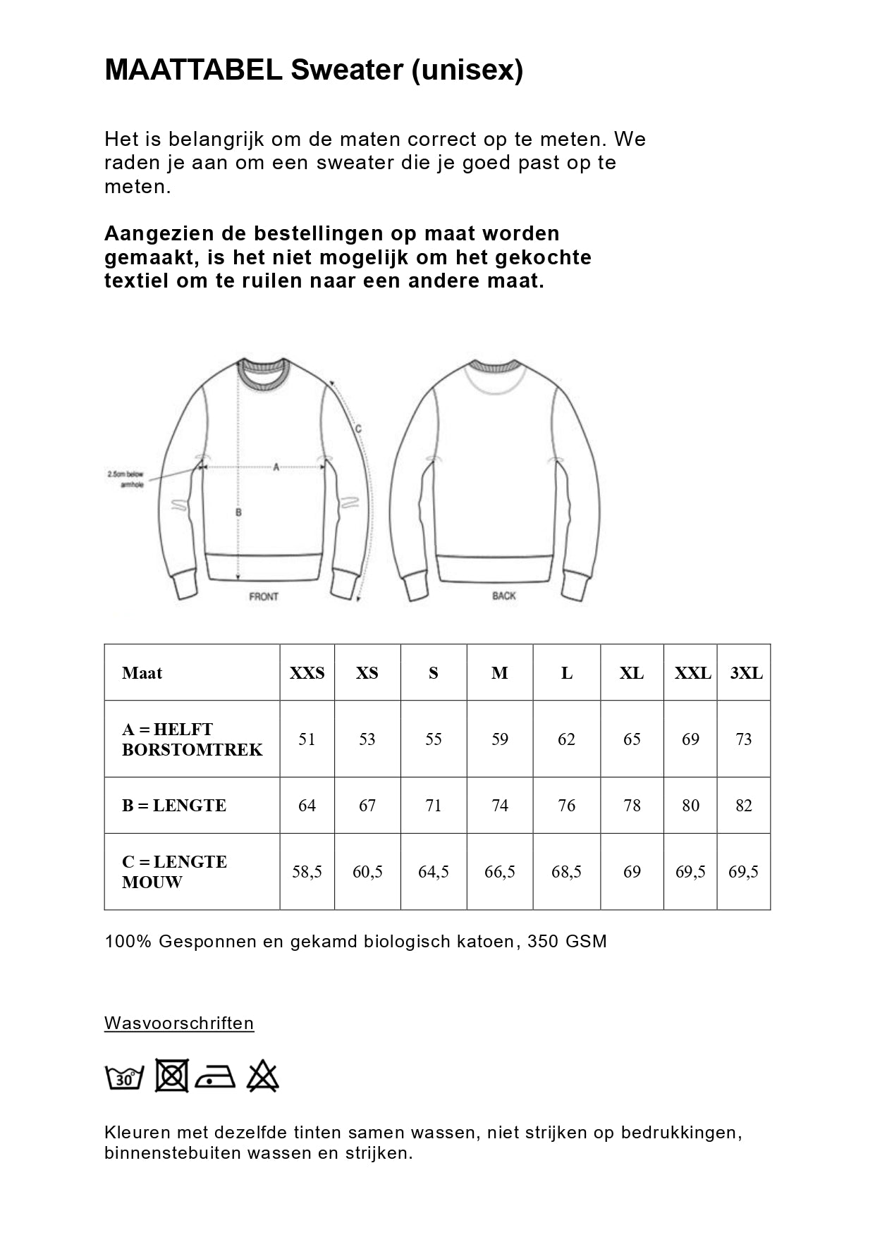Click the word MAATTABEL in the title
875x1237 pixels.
coord(193,70)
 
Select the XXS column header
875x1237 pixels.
coord(307,673)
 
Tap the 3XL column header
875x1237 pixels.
coord(746,673)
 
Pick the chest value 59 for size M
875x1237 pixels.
coord(499,739)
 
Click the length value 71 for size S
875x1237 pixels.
coord(433,806)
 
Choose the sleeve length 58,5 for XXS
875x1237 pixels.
coord(307,872)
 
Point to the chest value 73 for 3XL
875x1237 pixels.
coord(743,739)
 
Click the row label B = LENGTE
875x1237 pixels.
coord(173,806)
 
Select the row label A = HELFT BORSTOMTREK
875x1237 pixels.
coord(192,739)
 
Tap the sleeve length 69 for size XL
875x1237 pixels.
coord(632,872)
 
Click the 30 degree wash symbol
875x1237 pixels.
coord(124,1077)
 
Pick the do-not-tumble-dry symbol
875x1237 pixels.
coord(171,1076)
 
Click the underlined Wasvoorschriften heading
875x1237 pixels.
coord(179,1023)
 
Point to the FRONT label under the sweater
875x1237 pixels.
coord(264,596)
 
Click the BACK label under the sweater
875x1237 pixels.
coord(504,596)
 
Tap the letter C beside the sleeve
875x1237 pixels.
coord(358,429)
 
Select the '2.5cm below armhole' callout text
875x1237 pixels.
coord(127,479)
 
